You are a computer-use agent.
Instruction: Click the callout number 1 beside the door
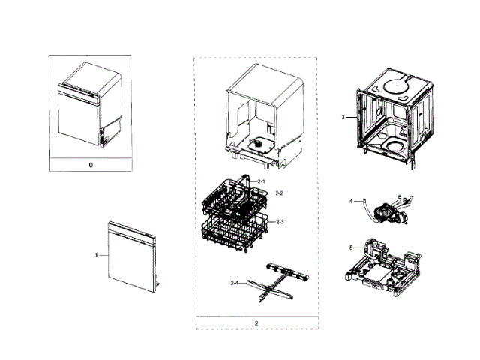96,256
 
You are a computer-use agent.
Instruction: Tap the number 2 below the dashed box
256,323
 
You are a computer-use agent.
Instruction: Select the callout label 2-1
262,181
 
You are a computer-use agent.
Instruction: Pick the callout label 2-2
278,193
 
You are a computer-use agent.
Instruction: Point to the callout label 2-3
280,222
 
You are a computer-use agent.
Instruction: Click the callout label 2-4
234,282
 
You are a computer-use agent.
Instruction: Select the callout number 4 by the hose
350,201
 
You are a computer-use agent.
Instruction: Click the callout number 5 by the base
350,247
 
